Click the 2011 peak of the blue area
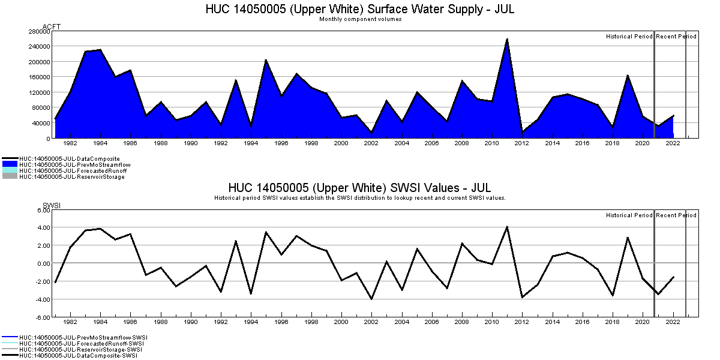tap(507, 40)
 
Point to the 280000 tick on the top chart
tap(39, 31)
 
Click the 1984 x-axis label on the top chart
tap(100, 144)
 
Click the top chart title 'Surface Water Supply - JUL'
tap(359, 10)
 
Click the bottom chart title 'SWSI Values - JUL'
tap(359, 188)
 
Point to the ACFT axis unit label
tap(52, 26)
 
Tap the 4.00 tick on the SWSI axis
tap(43, 227)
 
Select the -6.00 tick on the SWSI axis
tap(42, 317)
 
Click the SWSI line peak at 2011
tap(507, 227)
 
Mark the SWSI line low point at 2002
tap(371, 299)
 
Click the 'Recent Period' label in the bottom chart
tap(676, 215)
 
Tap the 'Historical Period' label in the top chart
tap(629, 37)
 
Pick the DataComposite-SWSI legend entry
tap(78, 356)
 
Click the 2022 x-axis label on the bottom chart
tap(673, 323)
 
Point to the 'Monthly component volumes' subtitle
tap(360, 19)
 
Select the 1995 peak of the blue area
tap(266, 60)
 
